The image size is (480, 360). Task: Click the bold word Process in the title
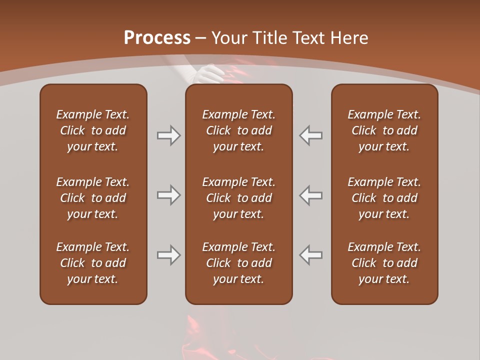point(157,38)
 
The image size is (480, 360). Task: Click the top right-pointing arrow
point(168,135)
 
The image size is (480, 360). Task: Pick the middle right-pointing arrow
point(168,195)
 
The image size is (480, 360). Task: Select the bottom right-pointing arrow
point(168,255)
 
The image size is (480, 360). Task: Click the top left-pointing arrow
point(311,135)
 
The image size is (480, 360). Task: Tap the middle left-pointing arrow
point(311,195)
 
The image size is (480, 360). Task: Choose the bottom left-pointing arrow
point(311,255)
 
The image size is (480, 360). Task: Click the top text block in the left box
point(93,130)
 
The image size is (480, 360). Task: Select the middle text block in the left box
point(93,198)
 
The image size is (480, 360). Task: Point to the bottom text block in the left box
point(93,263)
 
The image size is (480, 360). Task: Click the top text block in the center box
point(238,130)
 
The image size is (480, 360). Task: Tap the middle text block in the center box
point(238,198)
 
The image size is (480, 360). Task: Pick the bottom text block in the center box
point(238,263)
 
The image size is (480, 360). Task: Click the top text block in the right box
point(384,130)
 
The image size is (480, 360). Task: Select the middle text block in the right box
point(384,198)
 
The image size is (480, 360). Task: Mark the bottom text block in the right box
point(384,263)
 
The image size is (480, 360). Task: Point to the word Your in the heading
point(228,38)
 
